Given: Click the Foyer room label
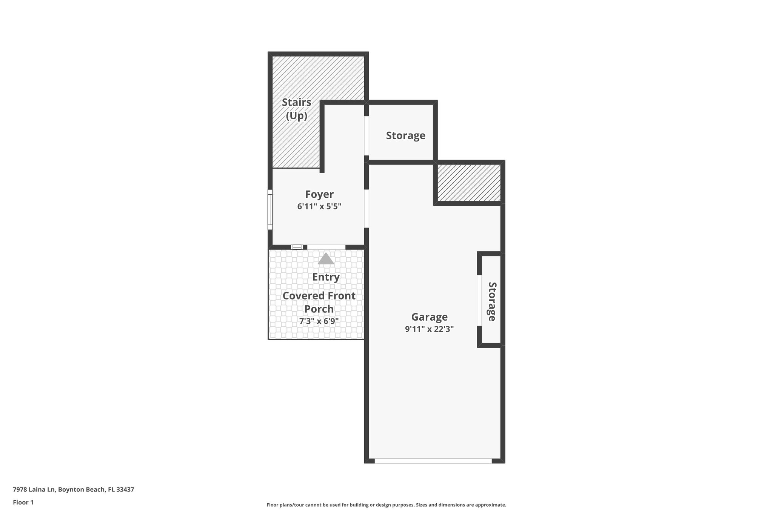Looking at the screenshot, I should [x=319, y=194].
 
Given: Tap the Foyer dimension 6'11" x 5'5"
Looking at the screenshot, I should [x=319, y=206].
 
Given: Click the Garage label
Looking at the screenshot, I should [x=429, y=317].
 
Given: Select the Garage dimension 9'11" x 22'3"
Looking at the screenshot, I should [x=429, y=329].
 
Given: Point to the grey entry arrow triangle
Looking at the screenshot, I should [x=326, y=259].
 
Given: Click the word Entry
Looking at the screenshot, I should [x=326, y=277].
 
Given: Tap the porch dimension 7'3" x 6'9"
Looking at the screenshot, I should [x=319, y=321].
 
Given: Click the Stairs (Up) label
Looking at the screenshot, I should [x=297, y=109].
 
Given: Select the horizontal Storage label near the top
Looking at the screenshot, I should [x=405, y=135].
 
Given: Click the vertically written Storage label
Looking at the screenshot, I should [x=492, y=301].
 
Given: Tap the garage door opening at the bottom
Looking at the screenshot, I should [x=433, y=461].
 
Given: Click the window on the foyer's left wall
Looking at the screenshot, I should [x=270, y=210].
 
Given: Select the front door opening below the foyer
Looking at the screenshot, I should [x=326, y=247].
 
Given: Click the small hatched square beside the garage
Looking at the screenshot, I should [x=469, y=183].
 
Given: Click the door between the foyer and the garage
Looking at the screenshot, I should [x=366, y=209].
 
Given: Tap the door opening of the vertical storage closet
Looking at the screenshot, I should [x=479, y=300].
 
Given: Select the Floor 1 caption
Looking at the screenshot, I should [x=23, y=502].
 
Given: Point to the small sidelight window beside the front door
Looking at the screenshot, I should [x=297, y=247].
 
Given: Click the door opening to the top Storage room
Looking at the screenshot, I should [x=366, y=135].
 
